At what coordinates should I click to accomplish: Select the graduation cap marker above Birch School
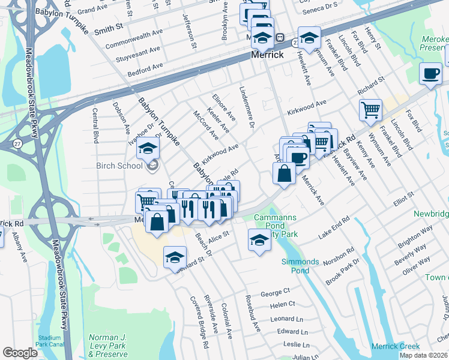click(147, 148)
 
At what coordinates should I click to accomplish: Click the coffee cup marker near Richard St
click(430, 73)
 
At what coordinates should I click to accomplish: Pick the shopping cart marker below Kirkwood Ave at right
click(370, 109)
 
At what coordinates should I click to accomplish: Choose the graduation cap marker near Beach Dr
click(175, 256)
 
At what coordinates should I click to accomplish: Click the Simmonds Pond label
click(300, 266)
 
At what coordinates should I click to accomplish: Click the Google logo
click(20, 353)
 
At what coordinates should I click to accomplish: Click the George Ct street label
click(276, 292)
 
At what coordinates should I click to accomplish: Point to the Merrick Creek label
click(393, 346)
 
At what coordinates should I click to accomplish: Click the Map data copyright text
click(423, 355)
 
